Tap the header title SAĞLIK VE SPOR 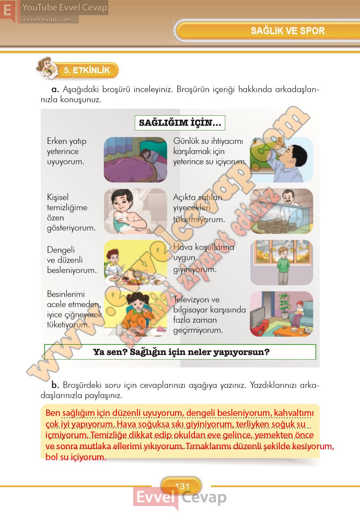[x=288, y=31]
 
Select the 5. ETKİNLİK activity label [x=86, y=70]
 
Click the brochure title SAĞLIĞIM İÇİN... [x=180, y=123]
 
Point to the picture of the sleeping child [x=135, y=159]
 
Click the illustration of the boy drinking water [x=282, y=159]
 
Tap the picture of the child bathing [x=135, y=211]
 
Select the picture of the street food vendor [x=282, y=211]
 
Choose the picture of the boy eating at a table [x=135, y=262]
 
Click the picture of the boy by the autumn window [x=282, y=262]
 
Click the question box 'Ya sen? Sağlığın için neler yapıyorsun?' [x=180, y=352]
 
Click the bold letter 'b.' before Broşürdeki [x=55, y=385]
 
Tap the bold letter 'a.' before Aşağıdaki [x=55, y=89]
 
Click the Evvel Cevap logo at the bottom [x=180, y=498]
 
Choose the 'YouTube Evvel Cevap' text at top [x=65, y=7]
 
